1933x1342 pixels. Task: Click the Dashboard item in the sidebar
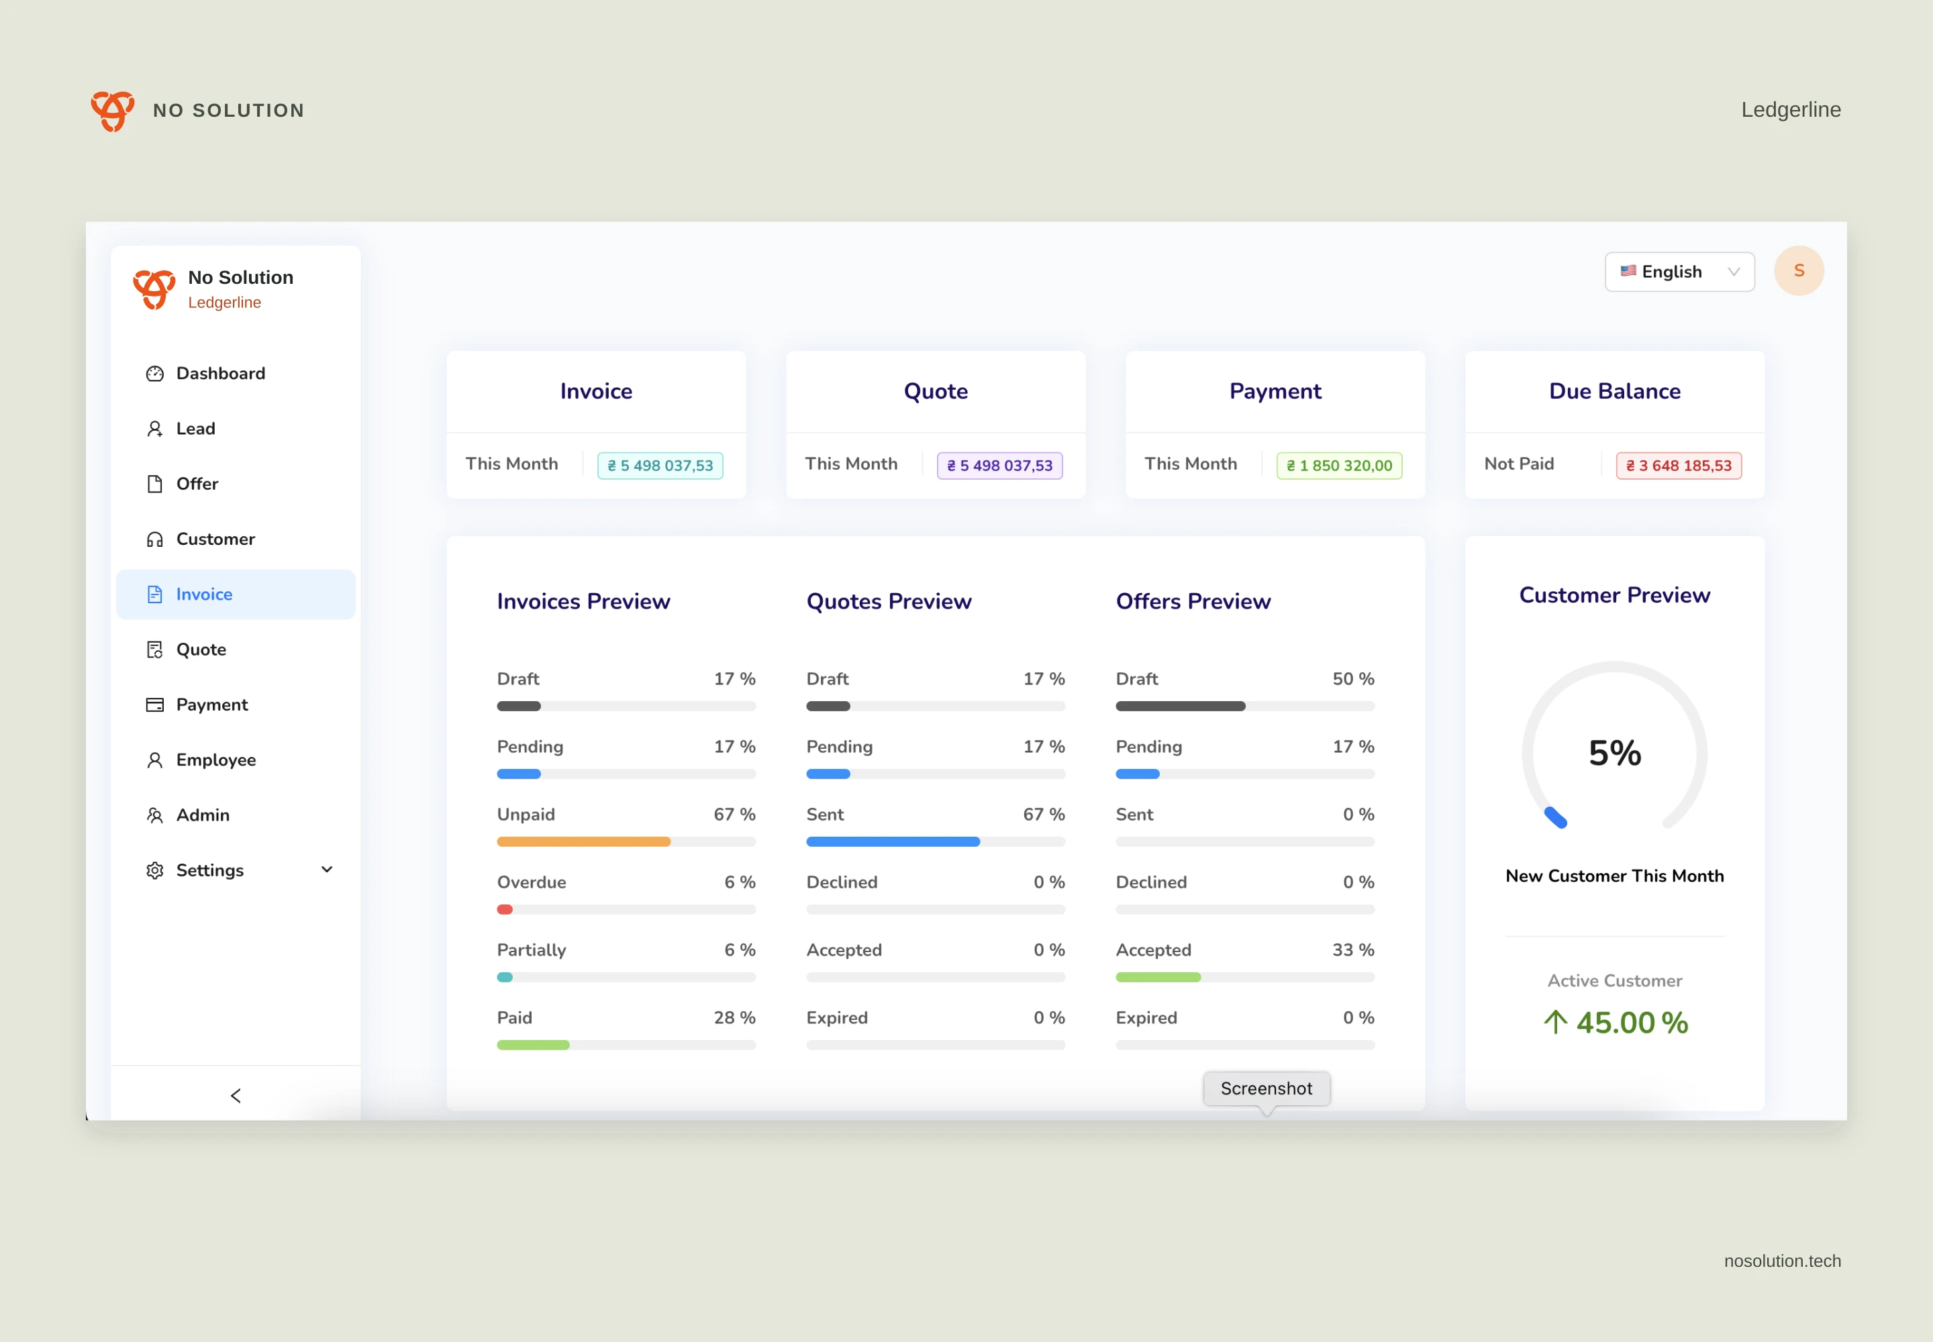point(205,373)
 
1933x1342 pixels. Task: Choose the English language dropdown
point(1679,272)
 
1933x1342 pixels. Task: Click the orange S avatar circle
point(1798,271)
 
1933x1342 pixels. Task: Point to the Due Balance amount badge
point(1678,466)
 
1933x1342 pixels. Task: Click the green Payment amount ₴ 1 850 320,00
point(1339,466)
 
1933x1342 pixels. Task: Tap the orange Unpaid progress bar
point(584,841)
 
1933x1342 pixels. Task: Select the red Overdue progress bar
point(505,910)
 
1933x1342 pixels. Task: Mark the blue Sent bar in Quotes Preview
point(893,841)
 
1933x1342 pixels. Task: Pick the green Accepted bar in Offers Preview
point(1158,977)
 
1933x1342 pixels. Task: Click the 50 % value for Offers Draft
point(1354,678)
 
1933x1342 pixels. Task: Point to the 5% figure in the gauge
point(1614,754)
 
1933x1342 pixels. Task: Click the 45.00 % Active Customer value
point(1632,1023)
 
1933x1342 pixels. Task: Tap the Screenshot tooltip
point(1266,1089)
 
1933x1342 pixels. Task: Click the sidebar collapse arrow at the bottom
point(236,1096)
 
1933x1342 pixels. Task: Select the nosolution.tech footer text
point(1783,1261)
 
